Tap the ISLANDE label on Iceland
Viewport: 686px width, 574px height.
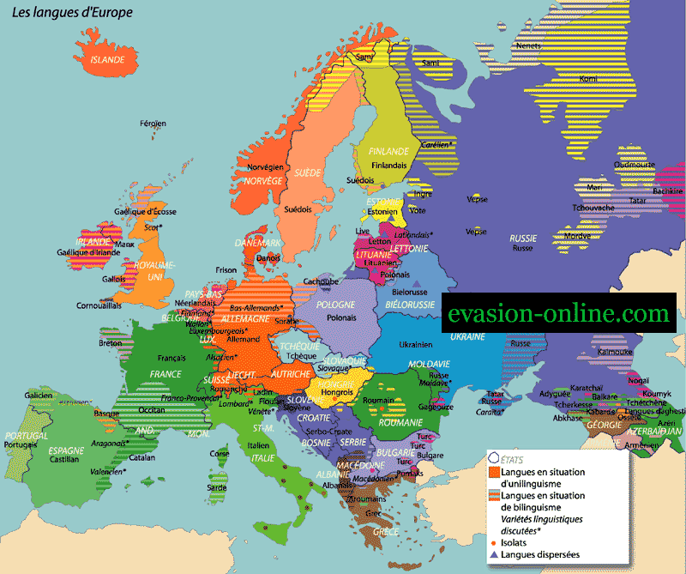point(108,59)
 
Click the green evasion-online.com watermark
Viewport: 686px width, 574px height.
point(559,314)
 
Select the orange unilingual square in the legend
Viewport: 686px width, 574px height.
point(494,472)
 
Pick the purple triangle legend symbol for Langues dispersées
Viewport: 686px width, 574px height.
point(494,554)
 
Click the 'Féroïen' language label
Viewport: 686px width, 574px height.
point(153,124)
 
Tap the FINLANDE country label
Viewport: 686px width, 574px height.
point(388,151)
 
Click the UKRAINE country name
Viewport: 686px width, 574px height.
point(468,336)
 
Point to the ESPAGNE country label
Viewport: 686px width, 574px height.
point(66,450)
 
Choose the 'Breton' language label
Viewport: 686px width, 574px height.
point(111,343)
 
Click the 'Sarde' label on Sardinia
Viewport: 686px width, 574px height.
point(217,487)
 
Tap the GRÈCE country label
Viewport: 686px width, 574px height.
point(386,531)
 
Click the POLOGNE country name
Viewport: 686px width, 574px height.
point(335,305)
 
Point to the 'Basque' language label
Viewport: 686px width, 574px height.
point(106,413)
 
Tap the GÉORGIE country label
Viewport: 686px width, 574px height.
point(605,426)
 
